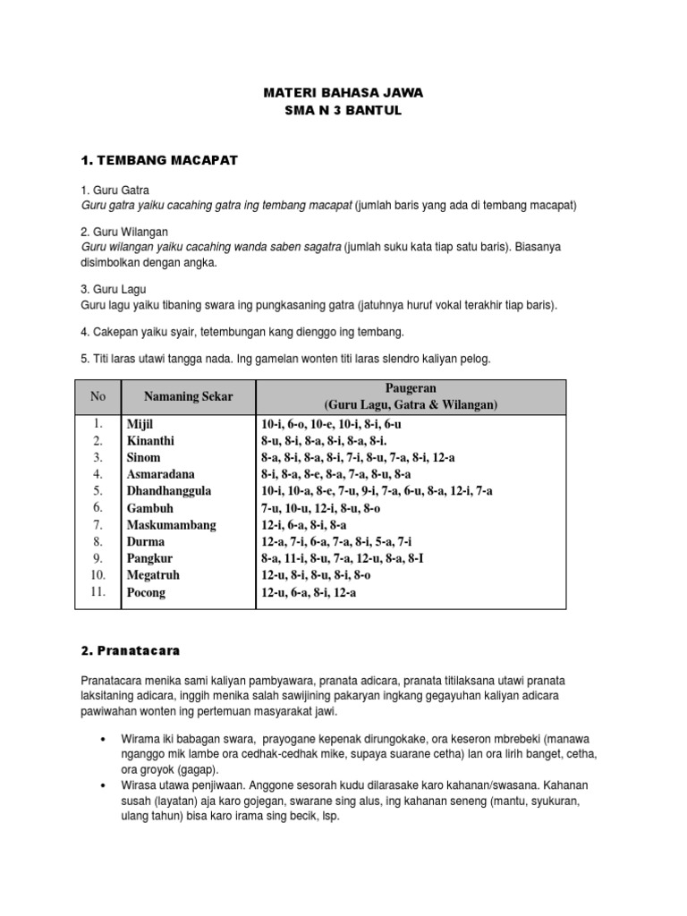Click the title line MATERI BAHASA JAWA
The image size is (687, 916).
[x=343, y=92]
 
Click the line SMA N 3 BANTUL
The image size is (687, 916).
[x=343, y=110]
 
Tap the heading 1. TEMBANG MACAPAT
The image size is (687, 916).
[x=158, y=161]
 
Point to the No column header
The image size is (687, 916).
[x=98, y=397]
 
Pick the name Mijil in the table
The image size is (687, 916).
[x=141, y=424]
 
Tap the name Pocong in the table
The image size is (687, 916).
[x=146, y=592]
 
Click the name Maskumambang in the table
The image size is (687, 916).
[x=171, y=525]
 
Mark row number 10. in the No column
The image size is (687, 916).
[x=98, y=575]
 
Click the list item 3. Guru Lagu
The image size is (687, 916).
[x=114, y=290]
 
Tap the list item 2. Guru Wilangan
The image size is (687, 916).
[x=124, y=232]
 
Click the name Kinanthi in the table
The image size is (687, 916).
[x=150, y=441]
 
